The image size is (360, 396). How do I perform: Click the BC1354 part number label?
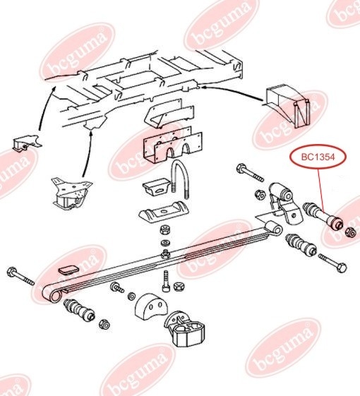[318, 157]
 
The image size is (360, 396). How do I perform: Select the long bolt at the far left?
[21, 276]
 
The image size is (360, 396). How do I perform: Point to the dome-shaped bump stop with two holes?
[151, 306]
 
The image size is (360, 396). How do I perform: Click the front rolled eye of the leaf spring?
[52, 294]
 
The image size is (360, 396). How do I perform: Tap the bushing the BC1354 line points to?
[323, 217]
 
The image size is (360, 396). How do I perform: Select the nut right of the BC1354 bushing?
[351, 232]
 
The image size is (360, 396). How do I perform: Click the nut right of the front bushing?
[104, 324]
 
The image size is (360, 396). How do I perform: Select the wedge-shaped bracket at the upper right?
[289, 106]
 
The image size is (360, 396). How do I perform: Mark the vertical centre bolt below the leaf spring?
[166, 281]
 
